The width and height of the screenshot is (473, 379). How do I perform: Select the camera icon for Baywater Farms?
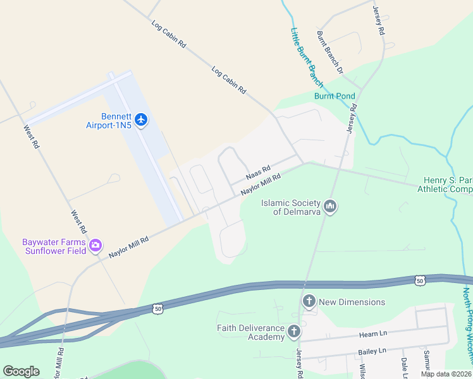(x=95, y=246)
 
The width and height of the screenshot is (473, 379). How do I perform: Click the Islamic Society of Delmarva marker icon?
(x=329, y=207)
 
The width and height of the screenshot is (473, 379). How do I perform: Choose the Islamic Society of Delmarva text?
(x=292, y=207)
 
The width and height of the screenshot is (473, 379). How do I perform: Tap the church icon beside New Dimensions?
(x=309, y=301)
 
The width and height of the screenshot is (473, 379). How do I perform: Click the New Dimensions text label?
(x=352, y=302)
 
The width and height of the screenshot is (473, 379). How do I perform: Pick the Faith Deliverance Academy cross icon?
(x=293, y=332)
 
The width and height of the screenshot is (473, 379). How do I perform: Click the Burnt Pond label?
(x=335, y=96)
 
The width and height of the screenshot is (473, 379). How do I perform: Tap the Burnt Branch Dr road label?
(x=329, y=52)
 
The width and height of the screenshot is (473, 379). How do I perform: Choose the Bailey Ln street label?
(x=374, y=351)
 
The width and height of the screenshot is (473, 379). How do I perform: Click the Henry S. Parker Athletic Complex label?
(x=445, y=185)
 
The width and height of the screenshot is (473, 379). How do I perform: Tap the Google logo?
(x=21, y=371)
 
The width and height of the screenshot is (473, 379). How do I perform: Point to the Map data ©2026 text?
(x=446, y=374)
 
